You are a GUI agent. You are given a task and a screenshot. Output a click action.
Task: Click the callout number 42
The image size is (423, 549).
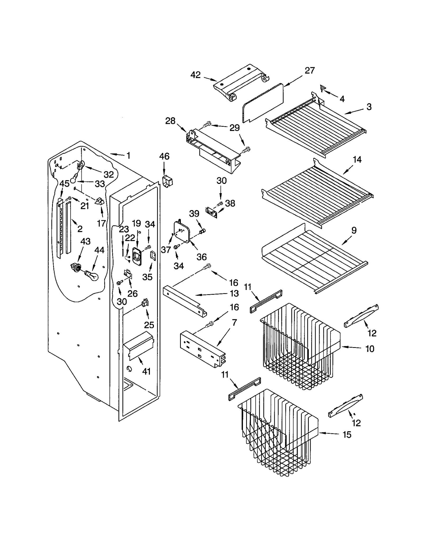[x=195, y=75]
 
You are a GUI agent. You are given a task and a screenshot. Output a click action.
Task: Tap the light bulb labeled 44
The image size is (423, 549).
[x=91, y=275]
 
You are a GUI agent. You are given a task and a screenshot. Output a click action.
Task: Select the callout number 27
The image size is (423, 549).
[x=310, y=70]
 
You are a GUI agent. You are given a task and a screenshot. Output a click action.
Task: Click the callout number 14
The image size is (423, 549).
[x=357, y=160]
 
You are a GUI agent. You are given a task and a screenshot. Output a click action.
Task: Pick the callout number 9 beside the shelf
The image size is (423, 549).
[x=354, y=230]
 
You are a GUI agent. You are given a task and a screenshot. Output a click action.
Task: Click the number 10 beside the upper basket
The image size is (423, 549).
[x=370, y=349]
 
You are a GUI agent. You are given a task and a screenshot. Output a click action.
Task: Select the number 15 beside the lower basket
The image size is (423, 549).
[x=347, y=434]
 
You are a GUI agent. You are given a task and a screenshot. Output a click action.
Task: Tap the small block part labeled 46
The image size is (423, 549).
[x=167, y=182]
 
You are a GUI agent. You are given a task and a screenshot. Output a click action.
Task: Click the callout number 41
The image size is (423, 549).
[x=146, y=371]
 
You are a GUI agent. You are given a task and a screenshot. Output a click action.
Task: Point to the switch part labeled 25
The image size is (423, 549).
[x=145, y=302]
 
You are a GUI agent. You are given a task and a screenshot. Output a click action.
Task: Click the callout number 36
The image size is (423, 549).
[x=201, y=257]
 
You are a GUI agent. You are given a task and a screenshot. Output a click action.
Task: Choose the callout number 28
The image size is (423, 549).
[x=170, y=121]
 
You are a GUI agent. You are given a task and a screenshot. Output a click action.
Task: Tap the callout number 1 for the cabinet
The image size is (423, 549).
[x=128, y=156]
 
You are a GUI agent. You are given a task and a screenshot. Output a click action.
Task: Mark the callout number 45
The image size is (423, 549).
[x=64, y=183]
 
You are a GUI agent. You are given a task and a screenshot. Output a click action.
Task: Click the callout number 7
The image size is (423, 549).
[x=234, y=323]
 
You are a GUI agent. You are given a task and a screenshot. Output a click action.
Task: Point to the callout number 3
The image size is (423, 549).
[x=369, y=107]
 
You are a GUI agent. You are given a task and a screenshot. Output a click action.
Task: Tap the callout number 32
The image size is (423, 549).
[x=108, y=174]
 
